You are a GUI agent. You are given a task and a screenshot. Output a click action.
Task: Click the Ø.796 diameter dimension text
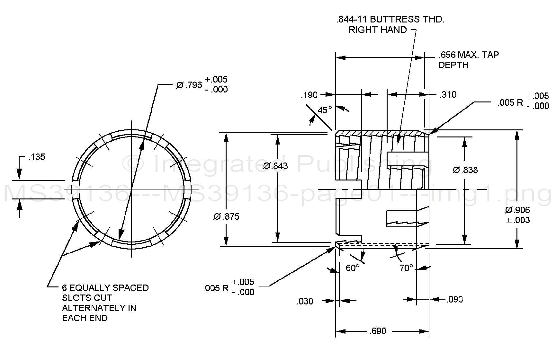click(x=190, y=85)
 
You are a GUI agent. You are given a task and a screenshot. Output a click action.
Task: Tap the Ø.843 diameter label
click(x=275, y=166)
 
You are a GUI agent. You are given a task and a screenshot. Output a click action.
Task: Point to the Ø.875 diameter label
click(x=226, y=217)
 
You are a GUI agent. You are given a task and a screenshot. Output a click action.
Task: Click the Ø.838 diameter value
click(x=465, y=170)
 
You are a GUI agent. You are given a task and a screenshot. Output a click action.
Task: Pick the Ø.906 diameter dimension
click(x=517, y=210)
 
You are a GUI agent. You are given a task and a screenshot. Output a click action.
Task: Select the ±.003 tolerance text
click(x=518, y=221)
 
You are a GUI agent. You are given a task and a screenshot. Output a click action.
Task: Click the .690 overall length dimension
click(x=378, y=331)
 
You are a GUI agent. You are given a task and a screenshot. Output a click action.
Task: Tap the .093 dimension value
click(x=455, y=300)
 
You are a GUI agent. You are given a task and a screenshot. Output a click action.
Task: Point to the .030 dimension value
click(x=305, y=302)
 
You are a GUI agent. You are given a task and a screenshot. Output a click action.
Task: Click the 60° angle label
click(x=353, y=268)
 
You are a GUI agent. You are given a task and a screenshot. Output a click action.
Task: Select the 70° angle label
click(x=406, y=268)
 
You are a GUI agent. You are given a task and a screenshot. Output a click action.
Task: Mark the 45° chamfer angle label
click(x=325, y=110)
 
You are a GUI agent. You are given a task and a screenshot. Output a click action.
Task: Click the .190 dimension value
click(x=309, y=95)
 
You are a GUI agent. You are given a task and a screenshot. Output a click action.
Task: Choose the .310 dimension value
click(x=448, y=95)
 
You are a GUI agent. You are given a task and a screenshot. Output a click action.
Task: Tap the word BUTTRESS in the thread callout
click(x=395, y=20)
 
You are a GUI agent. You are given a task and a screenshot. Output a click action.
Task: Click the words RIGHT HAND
click(x=378, y=30)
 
